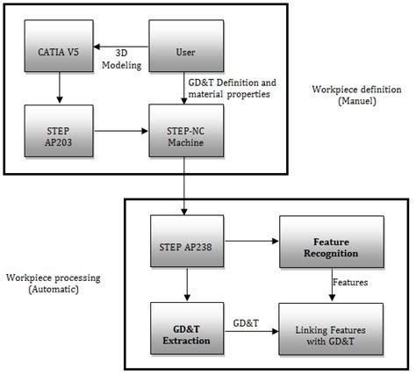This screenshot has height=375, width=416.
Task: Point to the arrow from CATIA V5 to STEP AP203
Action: (58, 89)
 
